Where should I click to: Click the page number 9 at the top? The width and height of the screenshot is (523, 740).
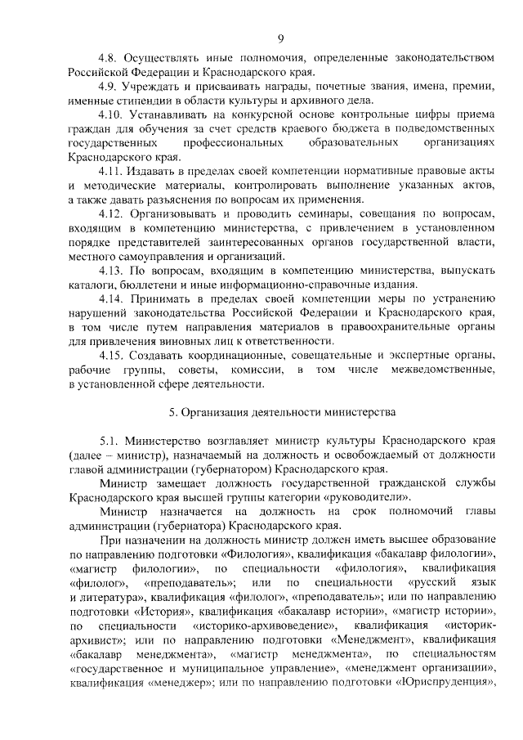pos(280,37)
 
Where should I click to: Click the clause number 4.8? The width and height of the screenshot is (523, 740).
pos(110,58)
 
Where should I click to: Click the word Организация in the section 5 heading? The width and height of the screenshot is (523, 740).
pos(225,411)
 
